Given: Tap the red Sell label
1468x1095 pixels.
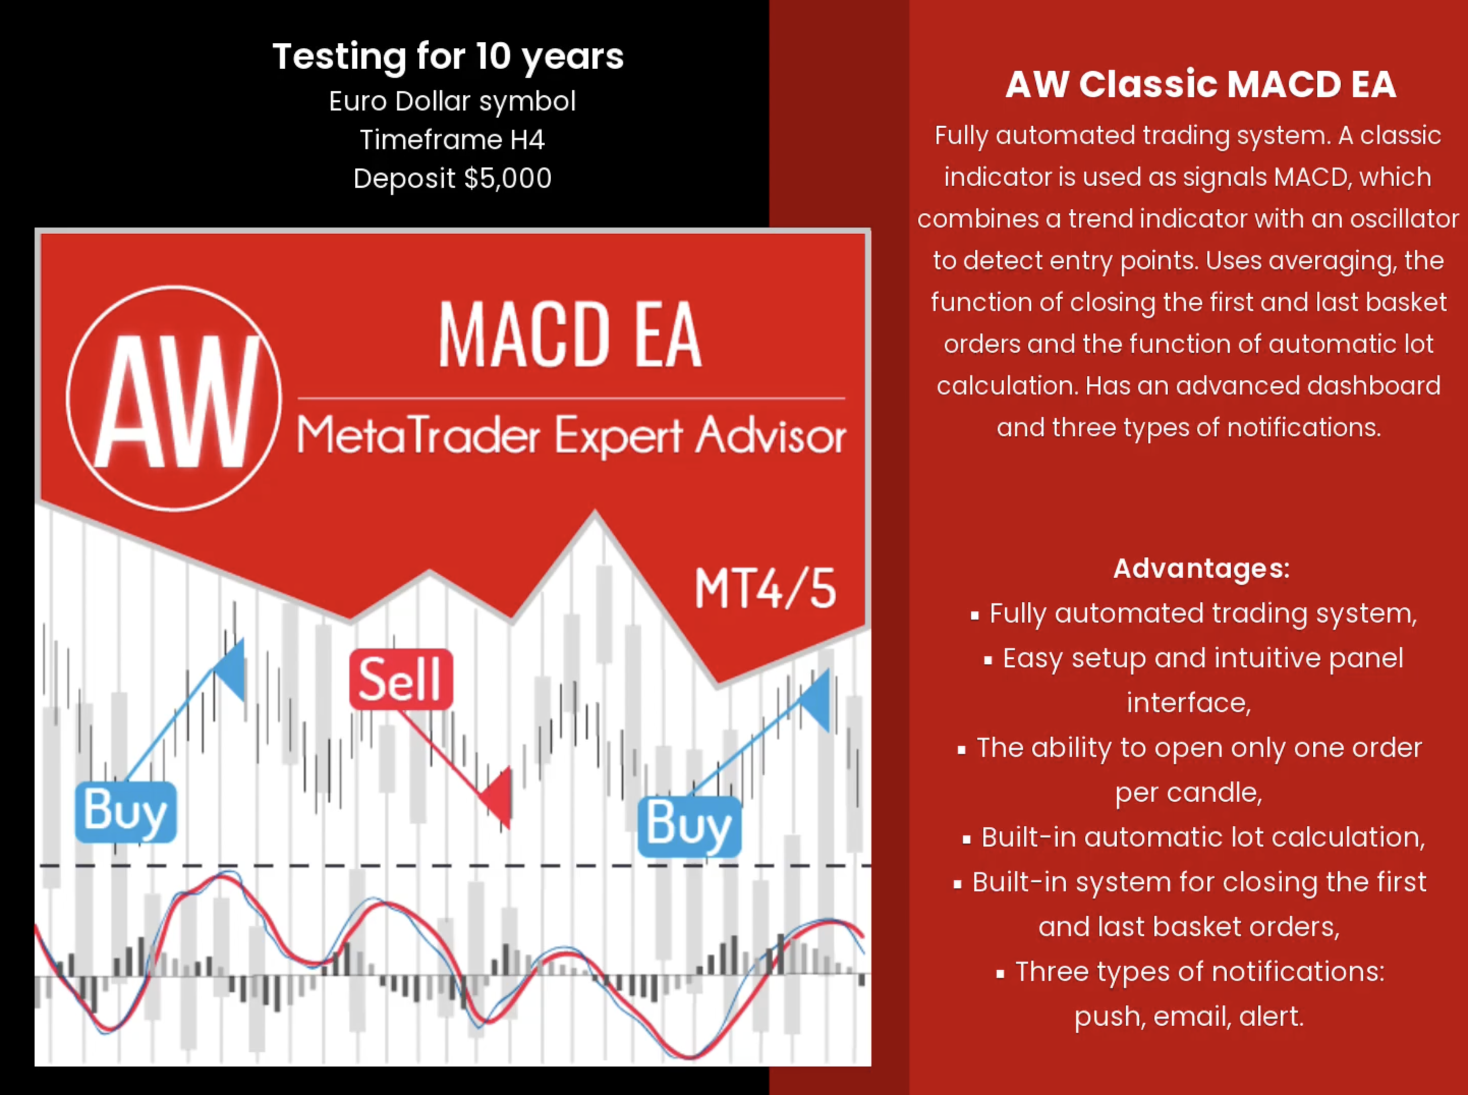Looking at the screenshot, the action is point(401,680).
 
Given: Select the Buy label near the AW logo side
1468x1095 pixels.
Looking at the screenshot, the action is point(126,812).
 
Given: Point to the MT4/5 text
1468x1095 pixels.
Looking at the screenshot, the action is point(766,588).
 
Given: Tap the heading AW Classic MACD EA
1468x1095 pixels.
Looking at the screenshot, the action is point(1200,84).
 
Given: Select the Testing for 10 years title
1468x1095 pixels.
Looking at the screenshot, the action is point(448,57).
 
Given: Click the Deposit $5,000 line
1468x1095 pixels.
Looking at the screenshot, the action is point(453,178).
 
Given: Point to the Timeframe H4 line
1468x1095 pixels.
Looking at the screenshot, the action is point(453,140).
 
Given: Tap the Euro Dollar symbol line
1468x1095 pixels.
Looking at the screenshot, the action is point(453,101).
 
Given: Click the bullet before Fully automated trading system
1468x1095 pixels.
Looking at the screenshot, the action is point(974,616).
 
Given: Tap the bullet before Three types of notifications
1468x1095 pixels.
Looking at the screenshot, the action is point(1000,974).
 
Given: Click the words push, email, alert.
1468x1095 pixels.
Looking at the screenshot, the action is point(1189,1016).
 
